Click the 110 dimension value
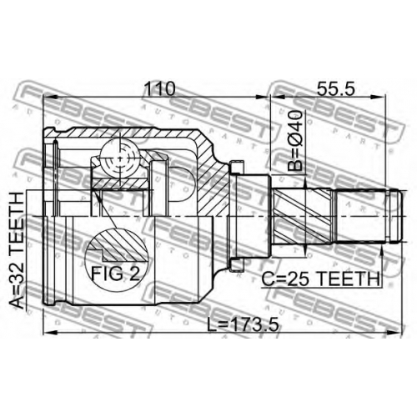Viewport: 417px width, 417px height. [x=161, y=88]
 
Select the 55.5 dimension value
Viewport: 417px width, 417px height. [x=336, y=88]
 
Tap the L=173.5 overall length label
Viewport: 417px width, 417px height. [x=244, y=324]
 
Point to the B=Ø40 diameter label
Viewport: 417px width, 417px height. [x=294, y=140]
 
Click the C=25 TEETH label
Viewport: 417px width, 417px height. [x=321, y=279]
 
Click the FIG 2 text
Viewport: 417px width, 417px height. [x=115, y=274]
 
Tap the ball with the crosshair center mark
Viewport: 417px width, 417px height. [x=120, y=158]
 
